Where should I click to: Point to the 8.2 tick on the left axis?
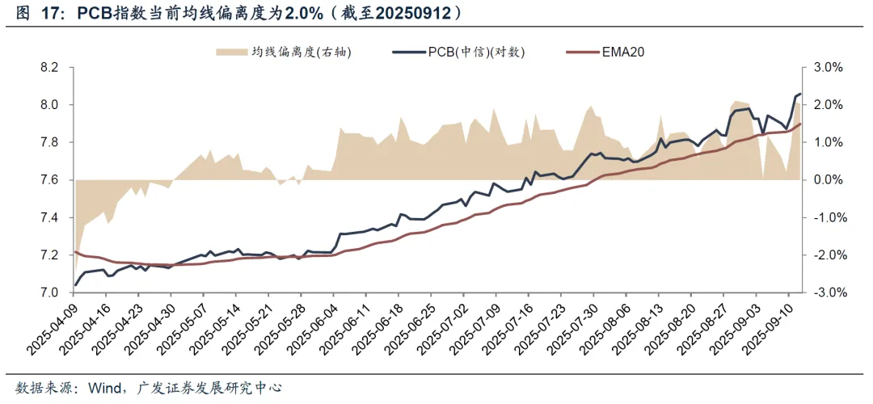point(49,67)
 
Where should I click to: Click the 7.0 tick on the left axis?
point(49,293)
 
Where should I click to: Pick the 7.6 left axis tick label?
point(49,180)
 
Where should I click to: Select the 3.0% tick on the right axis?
point(828,67)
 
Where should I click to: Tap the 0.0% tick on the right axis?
point(828,180)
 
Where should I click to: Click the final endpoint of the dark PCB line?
point(800,95)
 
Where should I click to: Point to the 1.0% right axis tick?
point(828,142)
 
